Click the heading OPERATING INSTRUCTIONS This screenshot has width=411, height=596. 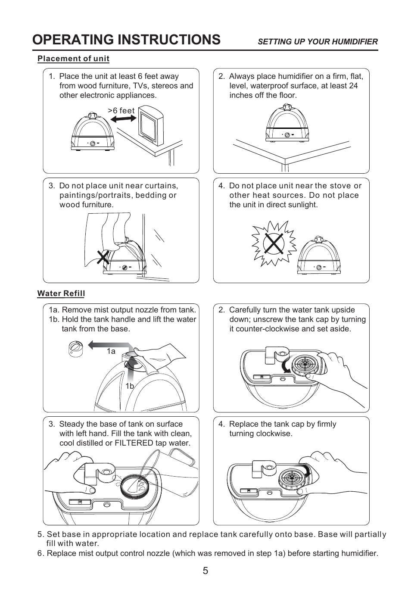126,40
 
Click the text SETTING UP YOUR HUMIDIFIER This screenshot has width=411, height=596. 318,42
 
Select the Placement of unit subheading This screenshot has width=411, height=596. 73,59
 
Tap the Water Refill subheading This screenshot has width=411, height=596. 61,294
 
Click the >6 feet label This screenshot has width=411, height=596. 121,111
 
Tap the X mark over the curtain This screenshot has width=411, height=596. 103,258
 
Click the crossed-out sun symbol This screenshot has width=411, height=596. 274,243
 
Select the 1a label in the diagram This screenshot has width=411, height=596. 111,351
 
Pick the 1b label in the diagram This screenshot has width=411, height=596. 130,386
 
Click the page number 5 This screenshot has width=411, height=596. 205,571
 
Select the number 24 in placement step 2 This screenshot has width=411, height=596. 353,86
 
